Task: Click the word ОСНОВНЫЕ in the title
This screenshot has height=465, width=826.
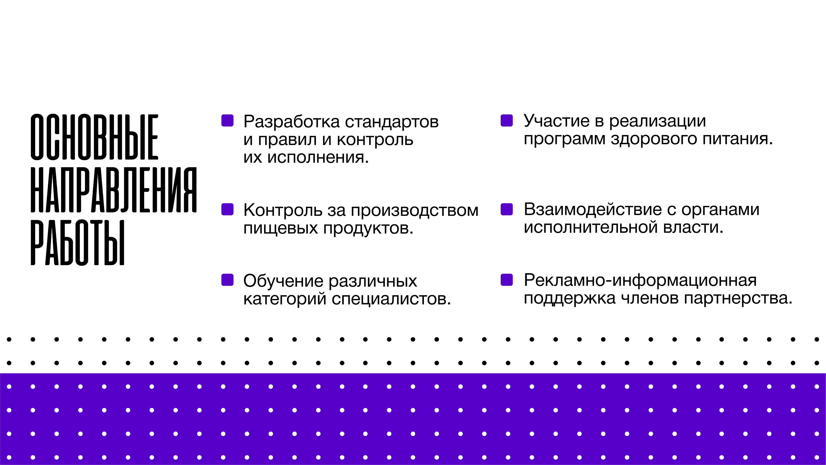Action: (x=94, y=137)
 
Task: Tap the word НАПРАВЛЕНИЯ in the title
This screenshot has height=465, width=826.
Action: (x=113, y=190)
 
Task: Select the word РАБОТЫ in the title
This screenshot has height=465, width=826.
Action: (x=77, y=243)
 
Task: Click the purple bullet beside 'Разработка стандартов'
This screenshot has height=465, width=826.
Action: (x=227, y=121)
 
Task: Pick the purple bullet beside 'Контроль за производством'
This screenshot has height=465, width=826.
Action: (x=227, y=209)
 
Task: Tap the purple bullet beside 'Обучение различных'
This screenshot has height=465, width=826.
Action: (x=227, y=280)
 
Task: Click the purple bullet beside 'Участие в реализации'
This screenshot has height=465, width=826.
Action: (x=507, y=121)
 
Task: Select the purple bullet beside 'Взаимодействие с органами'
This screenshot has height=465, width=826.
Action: (x=507, y=209)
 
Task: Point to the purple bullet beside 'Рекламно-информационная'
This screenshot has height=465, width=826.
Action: (x=507, y=280)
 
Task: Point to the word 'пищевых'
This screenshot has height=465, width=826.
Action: (x=280, y=229)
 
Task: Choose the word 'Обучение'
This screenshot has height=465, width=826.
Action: (x=283, y=281)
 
